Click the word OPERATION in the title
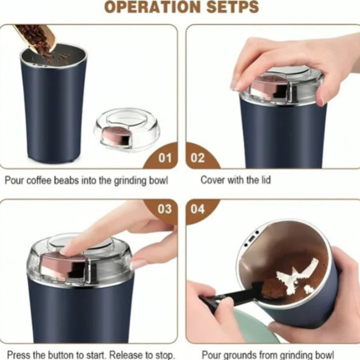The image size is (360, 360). point(153,7)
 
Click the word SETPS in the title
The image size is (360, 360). point(233,7)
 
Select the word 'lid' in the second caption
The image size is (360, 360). point(266,180)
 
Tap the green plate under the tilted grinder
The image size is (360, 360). point(252,326)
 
